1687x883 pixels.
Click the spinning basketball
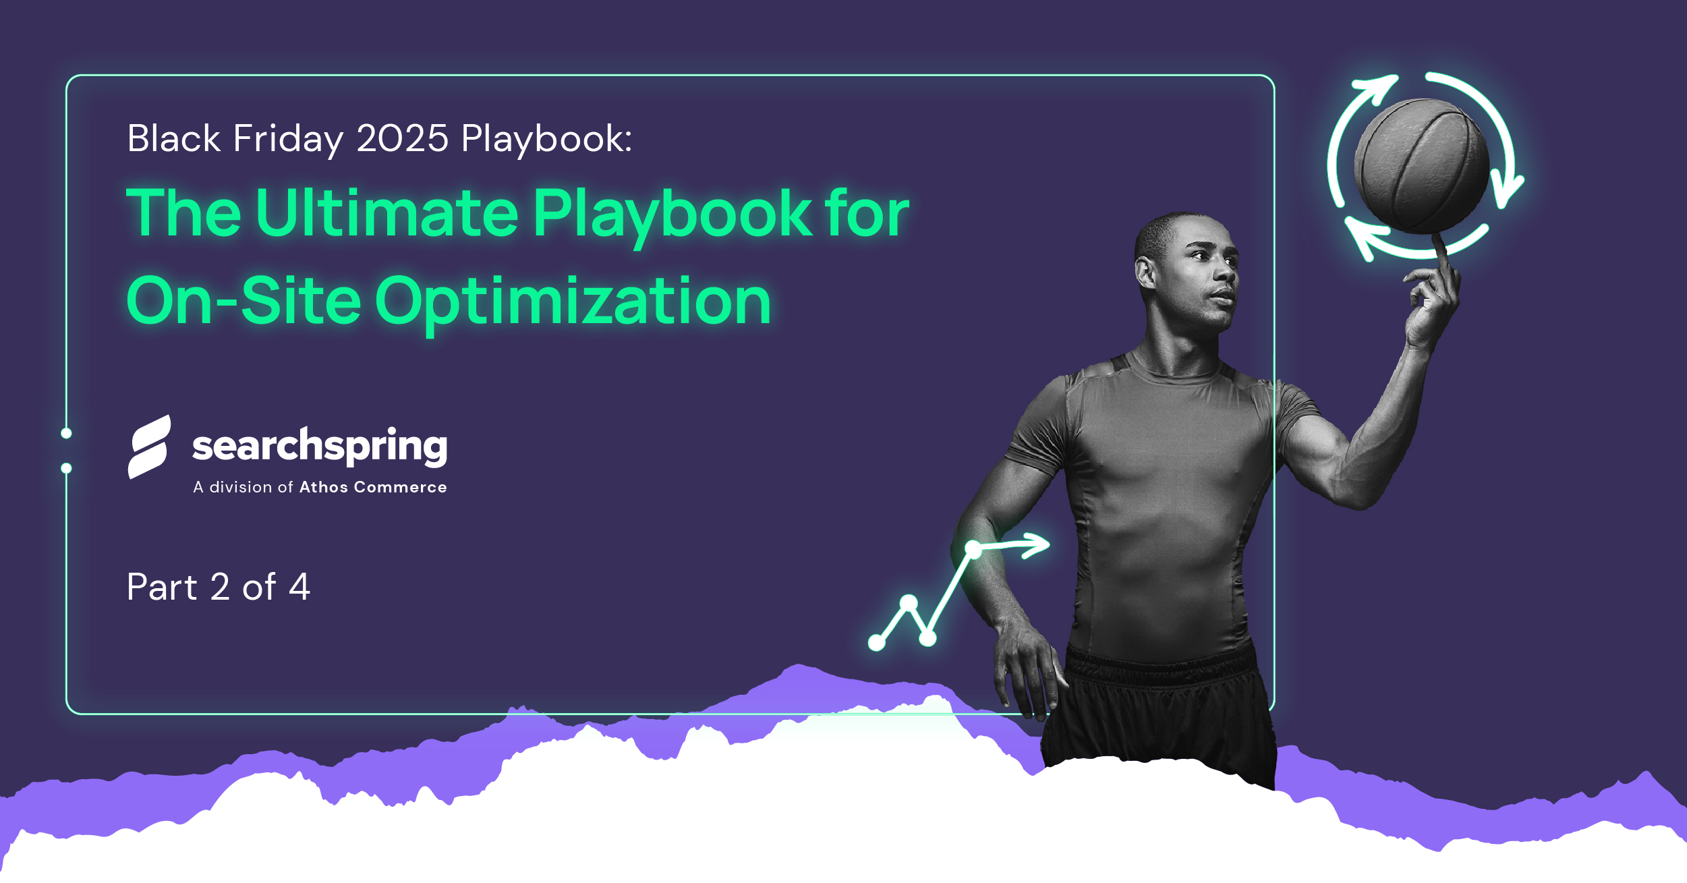pos(1421,166)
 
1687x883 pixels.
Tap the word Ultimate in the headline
pos(387,213)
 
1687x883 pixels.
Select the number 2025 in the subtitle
pos(403,138)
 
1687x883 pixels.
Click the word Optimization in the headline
pos(573,301)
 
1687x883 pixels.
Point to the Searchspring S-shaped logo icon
pos(149,447)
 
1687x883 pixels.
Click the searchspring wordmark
pos(320,447)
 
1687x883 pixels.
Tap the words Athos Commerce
pos(373,487)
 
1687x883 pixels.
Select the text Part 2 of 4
pos(219,587)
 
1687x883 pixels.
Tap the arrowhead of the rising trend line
pos(1035,545)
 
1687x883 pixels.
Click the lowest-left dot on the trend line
pos(876,643)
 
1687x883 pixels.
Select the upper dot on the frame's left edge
pos(66,433)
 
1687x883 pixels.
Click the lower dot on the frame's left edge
pos(66,468)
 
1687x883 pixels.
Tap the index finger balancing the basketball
pos(1441,253)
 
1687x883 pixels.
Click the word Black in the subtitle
pos(174,138)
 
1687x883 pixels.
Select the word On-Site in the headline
pos(244,300)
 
